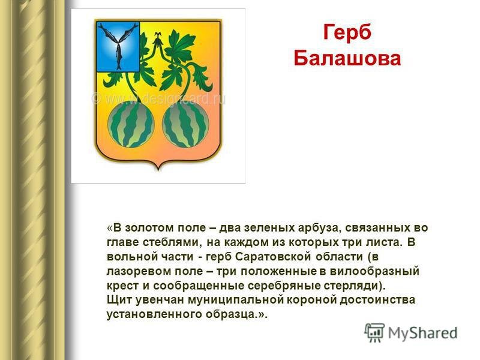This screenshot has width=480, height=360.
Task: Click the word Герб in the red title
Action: pos(347,33)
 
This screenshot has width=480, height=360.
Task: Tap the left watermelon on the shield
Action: pos(131,124)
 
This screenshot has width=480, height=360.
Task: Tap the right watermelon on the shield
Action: pos(185,124)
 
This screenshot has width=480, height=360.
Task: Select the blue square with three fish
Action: pos(118,47)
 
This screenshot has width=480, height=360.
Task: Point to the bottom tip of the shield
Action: pos(158,169)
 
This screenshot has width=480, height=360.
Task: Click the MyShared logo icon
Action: pos(374,332)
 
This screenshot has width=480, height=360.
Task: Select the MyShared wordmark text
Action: pos(423,333)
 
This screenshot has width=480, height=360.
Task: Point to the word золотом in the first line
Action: pos(148,228)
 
